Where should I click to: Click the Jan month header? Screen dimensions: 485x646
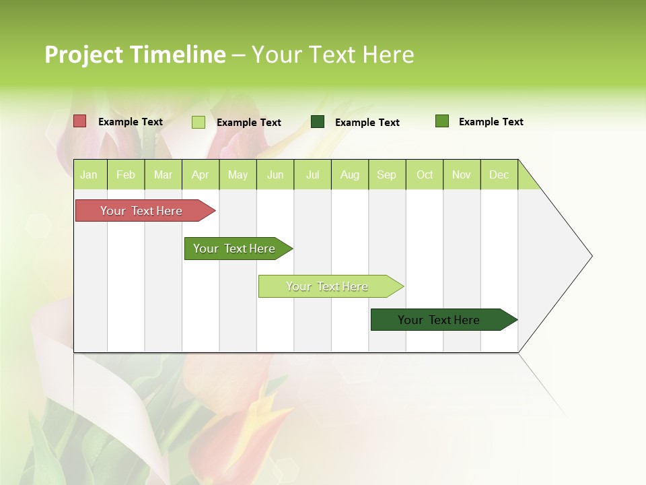point(89,174)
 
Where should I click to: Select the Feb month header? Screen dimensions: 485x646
point(126,174)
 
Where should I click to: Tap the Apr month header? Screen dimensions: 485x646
point(201,174)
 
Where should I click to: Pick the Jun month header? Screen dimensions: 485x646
point(275,174)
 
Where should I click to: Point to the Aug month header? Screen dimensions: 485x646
point(350,174)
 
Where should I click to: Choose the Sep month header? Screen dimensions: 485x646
point(387,174)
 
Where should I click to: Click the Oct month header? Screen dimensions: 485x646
point(425,174)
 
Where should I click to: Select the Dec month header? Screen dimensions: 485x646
point(499,174)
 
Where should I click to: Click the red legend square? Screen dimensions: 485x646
point(80,121)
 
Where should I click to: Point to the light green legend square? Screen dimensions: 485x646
point(199,122)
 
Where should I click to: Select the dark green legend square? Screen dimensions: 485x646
point(318,121)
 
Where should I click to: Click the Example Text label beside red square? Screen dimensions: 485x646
point(131,122)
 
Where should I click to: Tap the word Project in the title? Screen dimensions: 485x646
point(84,55)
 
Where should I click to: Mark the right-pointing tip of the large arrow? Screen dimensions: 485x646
point(590,256)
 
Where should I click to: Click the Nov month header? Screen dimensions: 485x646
point(462,174)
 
